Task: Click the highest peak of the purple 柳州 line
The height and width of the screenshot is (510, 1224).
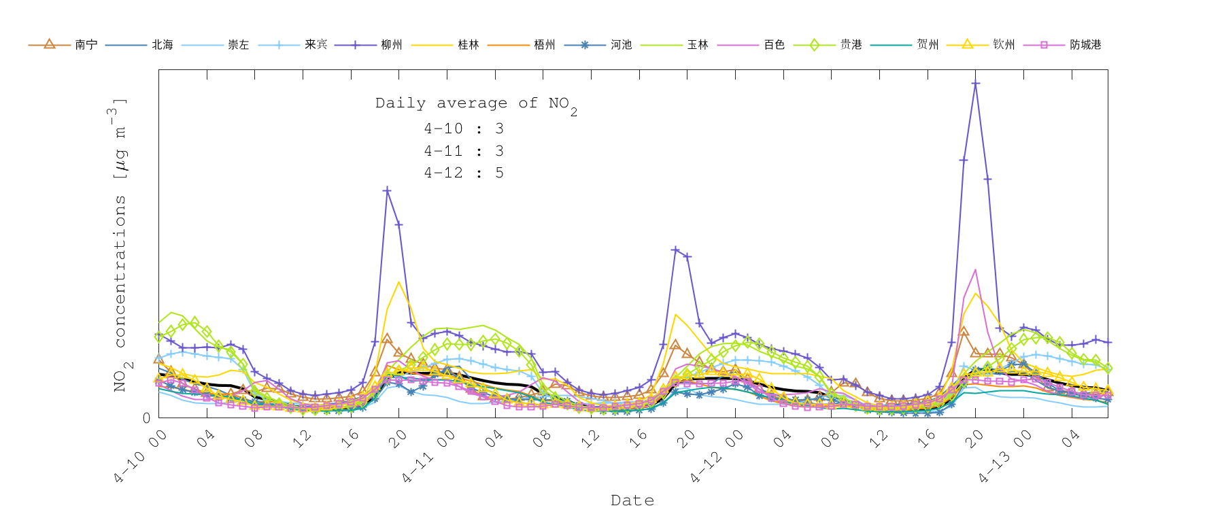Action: [x=975, y=84]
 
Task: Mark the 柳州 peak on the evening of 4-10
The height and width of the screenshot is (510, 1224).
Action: [x=387, y=190]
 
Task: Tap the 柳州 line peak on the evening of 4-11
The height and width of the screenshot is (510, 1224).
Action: [x=675, y=250]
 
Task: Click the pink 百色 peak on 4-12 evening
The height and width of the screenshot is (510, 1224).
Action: [x=975, y=270]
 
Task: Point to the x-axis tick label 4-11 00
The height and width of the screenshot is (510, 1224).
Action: [x=428, y=457]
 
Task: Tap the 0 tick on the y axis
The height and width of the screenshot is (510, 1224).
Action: [x=146, y=418]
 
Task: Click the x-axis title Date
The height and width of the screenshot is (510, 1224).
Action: [x=632, y=500]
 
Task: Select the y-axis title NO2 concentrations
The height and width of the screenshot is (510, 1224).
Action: [x=120, y=245]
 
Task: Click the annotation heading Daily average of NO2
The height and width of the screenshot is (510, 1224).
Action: [x=476, y=104]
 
